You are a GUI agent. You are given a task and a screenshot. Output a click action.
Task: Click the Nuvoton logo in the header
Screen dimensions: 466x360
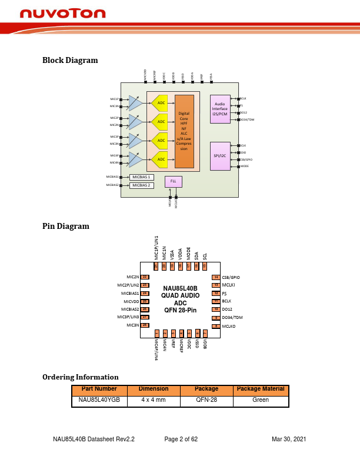[62, 14]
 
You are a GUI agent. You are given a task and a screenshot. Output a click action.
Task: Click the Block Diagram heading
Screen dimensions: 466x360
[70, 60]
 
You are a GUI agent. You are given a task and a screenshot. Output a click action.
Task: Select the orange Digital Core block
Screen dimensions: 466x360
[184, 131]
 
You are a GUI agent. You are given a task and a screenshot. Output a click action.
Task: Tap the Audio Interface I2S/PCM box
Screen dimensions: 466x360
[220, 109]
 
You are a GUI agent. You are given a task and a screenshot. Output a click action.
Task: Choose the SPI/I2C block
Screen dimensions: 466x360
[220, 156]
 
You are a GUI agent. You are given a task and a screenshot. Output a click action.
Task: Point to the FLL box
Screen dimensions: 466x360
[174, 182]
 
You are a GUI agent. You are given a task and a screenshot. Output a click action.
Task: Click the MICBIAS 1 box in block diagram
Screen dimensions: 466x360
[141, 177]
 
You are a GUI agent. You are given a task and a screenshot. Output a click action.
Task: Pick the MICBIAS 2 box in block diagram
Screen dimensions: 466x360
[141, 185]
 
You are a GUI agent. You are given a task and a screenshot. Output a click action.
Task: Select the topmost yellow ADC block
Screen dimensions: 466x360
[160, 103]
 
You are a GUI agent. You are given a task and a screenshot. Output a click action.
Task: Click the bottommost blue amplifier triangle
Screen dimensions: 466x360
[135, 159]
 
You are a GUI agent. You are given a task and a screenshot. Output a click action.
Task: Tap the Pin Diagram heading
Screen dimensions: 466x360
[66, 226]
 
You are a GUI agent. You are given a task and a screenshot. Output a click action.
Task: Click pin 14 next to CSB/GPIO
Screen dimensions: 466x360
[216, 277]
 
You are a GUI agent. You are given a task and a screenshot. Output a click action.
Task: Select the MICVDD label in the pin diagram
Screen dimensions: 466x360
[131, 301]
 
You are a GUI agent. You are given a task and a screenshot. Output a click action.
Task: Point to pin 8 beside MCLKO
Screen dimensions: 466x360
[216, 325]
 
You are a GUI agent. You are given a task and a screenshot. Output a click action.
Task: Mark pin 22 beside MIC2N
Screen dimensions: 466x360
[145, 277]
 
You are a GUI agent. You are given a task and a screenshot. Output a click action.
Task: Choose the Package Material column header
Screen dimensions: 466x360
[260, 390]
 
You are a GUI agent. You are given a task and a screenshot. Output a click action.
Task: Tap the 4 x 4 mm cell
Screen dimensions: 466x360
[153, 400]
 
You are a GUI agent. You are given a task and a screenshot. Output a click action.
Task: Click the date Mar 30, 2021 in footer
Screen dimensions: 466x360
[289, 440]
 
